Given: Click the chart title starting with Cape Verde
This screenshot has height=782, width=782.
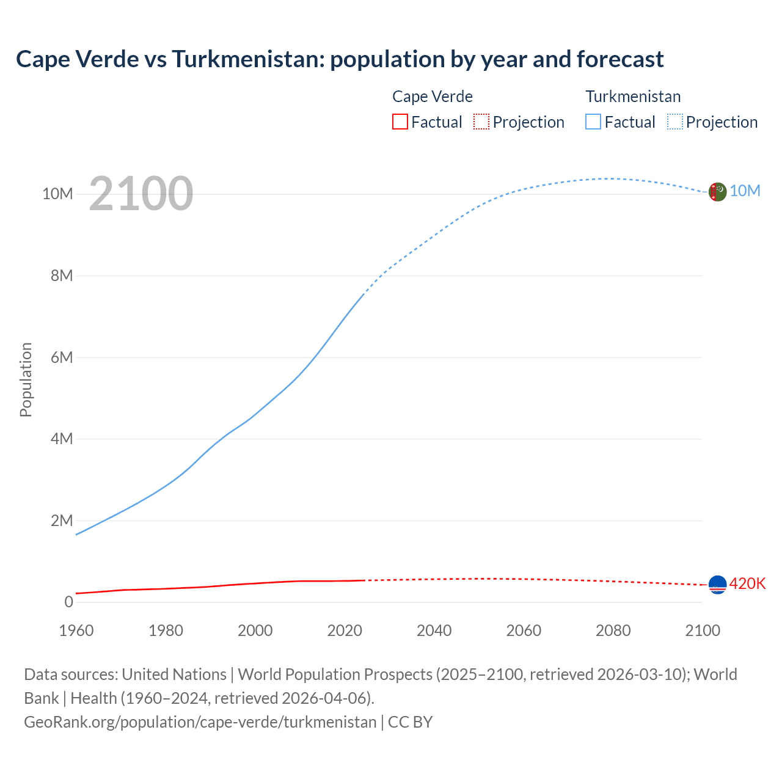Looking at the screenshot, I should [x=340, y=59].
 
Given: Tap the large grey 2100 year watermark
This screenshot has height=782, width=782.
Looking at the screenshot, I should [x=141, y=194].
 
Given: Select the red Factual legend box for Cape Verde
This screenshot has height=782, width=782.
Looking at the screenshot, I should [x=400, y=122].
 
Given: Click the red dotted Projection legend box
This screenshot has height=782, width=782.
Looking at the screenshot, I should [x=481, y=122].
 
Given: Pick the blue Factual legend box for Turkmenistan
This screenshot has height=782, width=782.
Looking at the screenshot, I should [x=593, y=122].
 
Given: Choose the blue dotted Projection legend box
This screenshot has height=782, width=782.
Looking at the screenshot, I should [x=674, y=122].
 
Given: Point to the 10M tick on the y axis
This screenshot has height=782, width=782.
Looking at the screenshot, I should [x=57, y=194].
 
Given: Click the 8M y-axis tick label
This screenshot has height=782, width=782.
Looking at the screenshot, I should [x=62, y=276].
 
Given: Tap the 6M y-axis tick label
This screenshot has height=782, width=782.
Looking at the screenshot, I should [x=62, y=357].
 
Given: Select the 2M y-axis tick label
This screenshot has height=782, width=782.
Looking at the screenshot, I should [x=62, y=521].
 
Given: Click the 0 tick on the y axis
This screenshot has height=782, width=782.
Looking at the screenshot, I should [x=68, y=602].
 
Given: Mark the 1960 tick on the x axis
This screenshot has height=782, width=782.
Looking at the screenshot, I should [x=76, y=630].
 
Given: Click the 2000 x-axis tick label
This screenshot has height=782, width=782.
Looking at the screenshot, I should [x=255, y=630].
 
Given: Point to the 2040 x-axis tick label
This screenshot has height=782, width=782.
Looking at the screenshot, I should [x=434, y=630].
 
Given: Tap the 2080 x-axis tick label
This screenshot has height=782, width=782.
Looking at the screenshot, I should [x=613, y=630].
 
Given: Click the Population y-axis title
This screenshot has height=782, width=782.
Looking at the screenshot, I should [x=26, y=379].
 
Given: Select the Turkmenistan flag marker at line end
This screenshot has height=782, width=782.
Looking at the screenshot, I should [x=717, y=192].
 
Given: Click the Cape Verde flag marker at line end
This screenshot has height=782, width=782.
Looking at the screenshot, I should [x=717, y=585].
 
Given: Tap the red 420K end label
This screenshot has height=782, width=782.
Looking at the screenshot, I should [x=747, y=584].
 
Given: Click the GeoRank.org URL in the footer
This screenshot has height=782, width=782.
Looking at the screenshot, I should [x=200, y=722].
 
